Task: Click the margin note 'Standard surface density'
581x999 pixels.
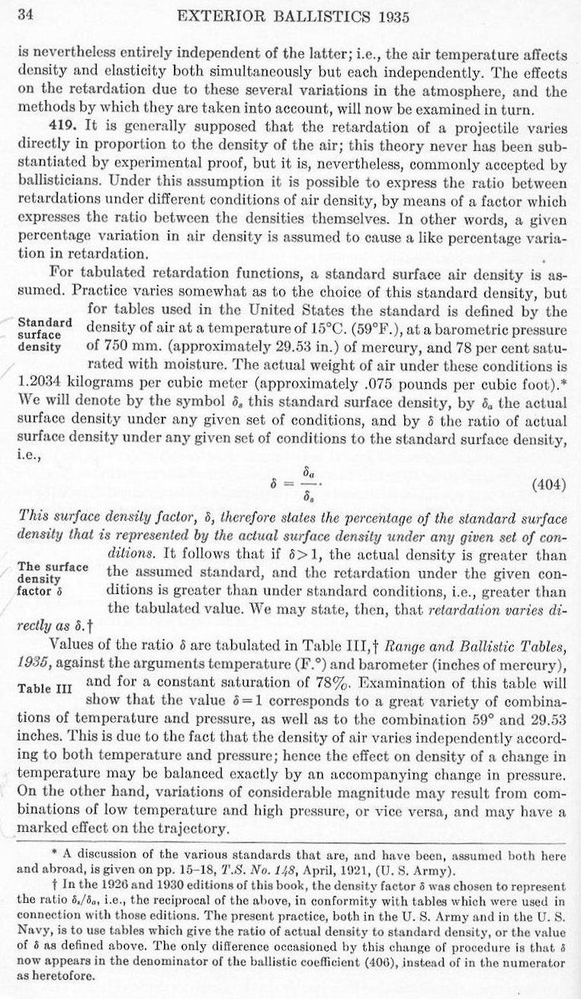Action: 44,333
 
